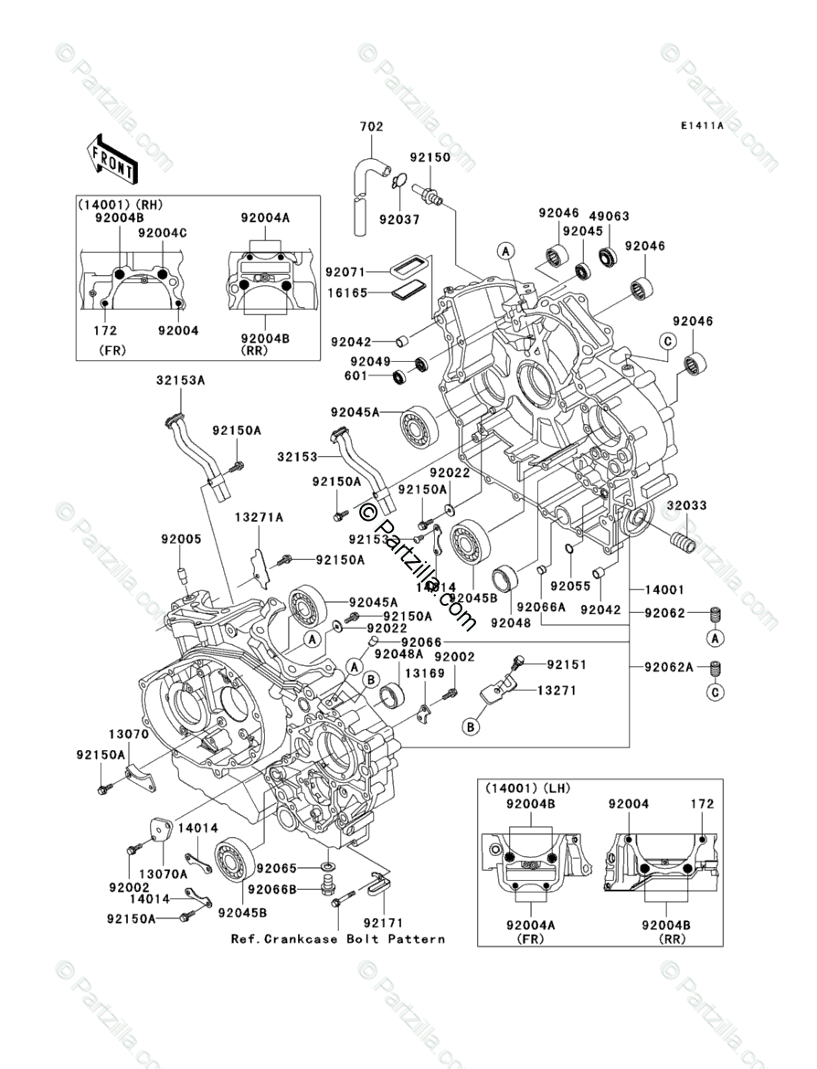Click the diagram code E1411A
700,126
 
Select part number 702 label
372,127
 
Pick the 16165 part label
349,294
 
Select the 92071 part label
349,271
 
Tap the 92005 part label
181,540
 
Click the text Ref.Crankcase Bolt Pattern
338,939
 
